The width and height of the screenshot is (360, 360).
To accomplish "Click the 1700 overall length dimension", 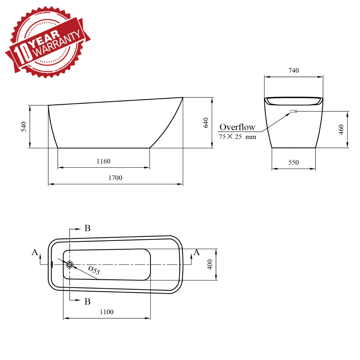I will tap(115, 178).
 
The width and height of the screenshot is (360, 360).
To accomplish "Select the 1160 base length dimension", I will tap(103, 161).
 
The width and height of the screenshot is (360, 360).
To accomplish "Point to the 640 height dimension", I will tap(206, 123).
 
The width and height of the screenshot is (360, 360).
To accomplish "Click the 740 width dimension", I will tap(294, 70).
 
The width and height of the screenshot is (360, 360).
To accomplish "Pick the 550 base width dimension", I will tap(293, 162).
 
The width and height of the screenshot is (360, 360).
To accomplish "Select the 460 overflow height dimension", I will tap(341, 130).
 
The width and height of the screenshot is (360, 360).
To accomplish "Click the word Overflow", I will tap(237, 127).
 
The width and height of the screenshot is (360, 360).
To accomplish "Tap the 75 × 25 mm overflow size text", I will tap(238, 137).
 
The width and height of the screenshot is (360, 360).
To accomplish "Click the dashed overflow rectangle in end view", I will tap(294, 111).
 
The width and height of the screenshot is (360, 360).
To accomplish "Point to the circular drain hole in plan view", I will tap(70, 264).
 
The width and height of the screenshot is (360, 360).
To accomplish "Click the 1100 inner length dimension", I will tap(106, 312).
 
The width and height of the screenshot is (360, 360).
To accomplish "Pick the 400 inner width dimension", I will tap(210, 264).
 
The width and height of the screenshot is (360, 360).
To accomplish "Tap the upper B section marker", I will tap(87, 228).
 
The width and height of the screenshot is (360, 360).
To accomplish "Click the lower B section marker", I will tap(87, 301).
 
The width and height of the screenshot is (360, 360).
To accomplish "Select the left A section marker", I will tap(35, 252).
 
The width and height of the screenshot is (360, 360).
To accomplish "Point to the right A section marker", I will tap(196, 252).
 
